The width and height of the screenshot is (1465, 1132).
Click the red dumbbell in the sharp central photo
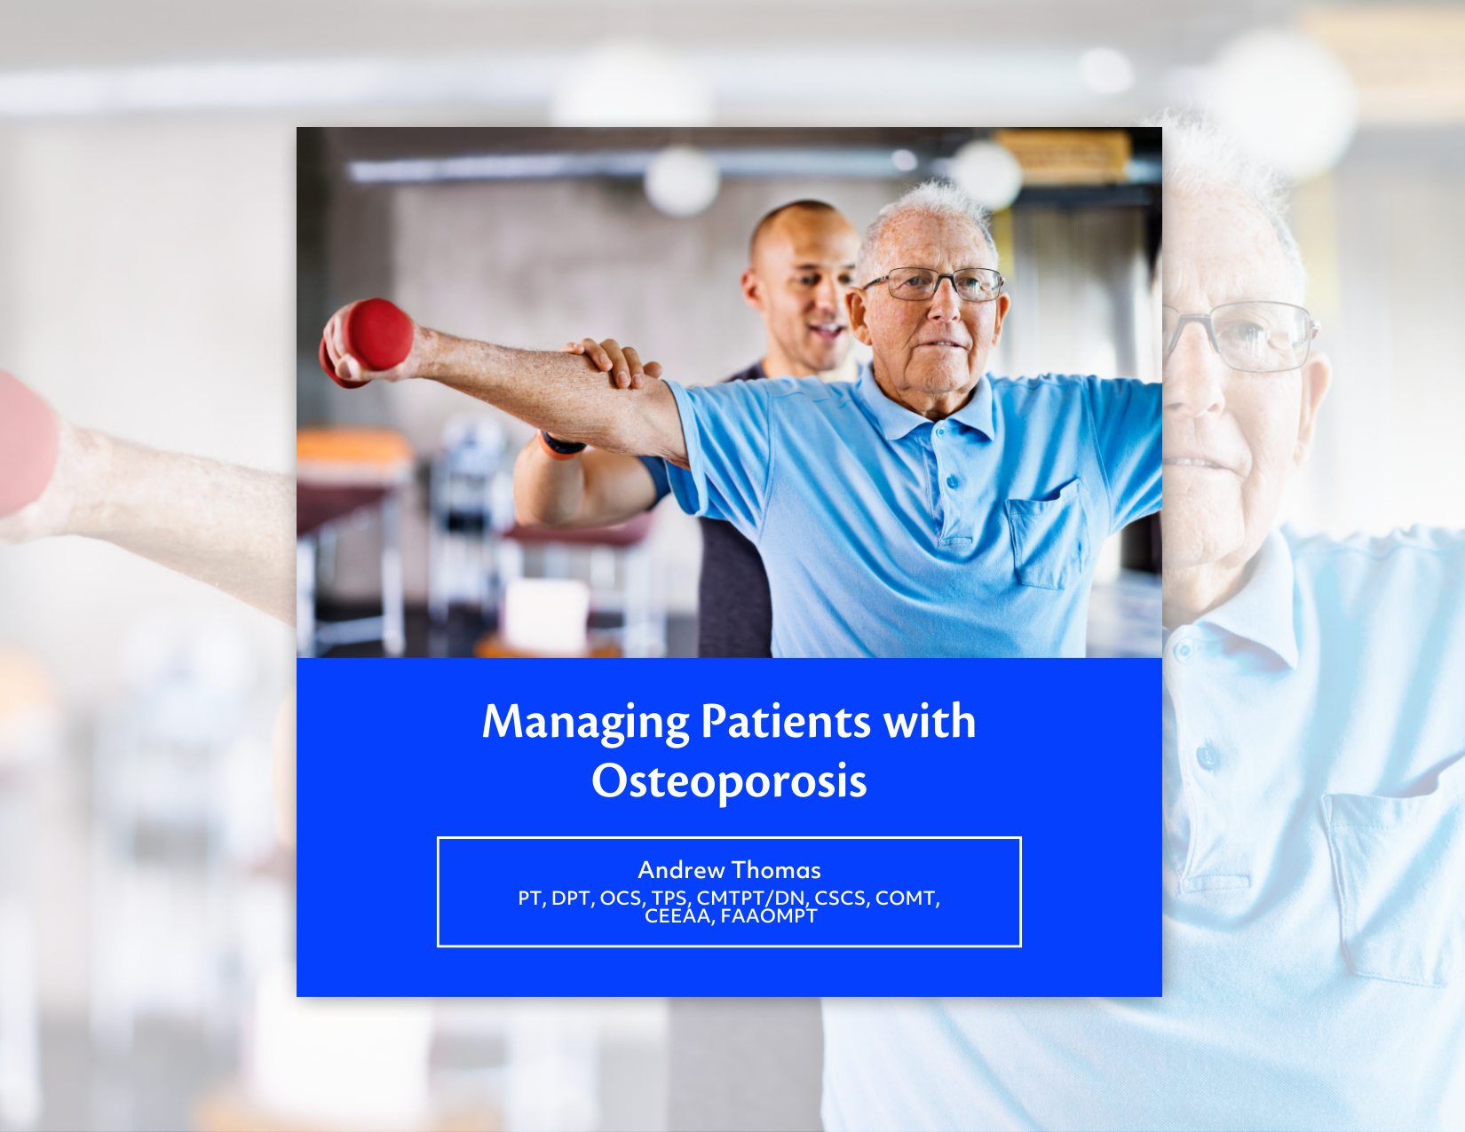369,340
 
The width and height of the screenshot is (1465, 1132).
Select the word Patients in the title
786,722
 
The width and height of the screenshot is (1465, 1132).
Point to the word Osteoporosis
729,780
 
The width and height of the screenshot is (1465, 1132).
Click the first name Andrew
681,870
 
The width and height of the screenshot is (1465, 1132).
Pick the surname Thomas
776,870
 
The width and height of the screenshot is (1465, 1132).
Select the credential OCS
622,898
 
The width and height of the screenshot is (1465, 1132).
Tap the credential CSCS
842,898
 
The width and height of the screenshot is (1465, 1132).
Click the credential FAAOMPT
769,916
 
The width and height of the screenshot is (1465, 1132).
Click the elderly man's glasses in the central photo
937,283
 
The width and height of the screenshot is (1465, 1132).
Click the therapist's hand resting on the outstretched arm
614,363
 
